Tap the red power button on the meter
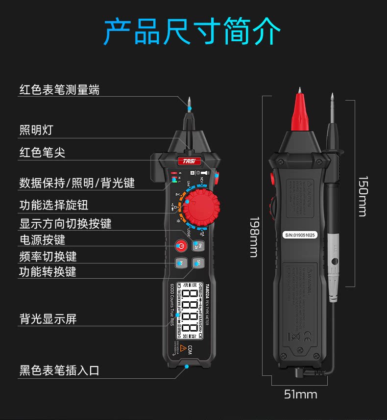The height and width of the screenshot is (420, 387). coord(180,245)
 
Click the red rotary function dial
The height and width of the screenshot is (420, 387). coord(199,208)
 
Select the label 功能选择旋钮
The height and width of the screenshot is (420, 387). coord(54,205)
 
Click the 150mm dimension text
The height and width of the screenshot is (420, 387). coord(362,196)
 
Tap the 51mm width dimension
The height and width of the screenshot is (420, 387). coord(300,394)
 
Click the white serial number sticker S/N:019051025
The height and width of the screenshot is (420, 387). coord(300,235)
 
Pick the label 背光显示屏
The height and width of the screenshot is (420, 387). coord(48,319)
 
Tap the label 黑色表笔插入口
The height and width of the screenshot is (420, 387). coord(59,370)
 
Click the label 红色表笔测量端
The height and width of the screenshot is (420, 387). coord(59,89)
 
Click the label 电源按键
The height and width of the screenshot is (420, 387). coord(42,240)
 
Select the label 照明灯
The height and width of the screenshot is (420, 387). coord(36,130)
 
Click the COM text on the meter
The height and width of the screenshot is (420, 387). coord(190,350)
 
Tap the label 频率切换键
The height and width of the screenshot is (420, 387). coord(48,256)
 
